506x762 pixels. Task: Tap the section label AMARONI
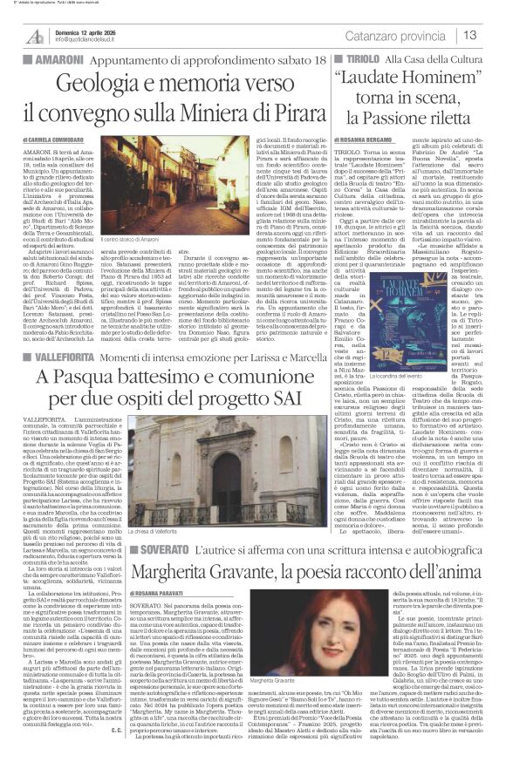coord(38,57)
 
